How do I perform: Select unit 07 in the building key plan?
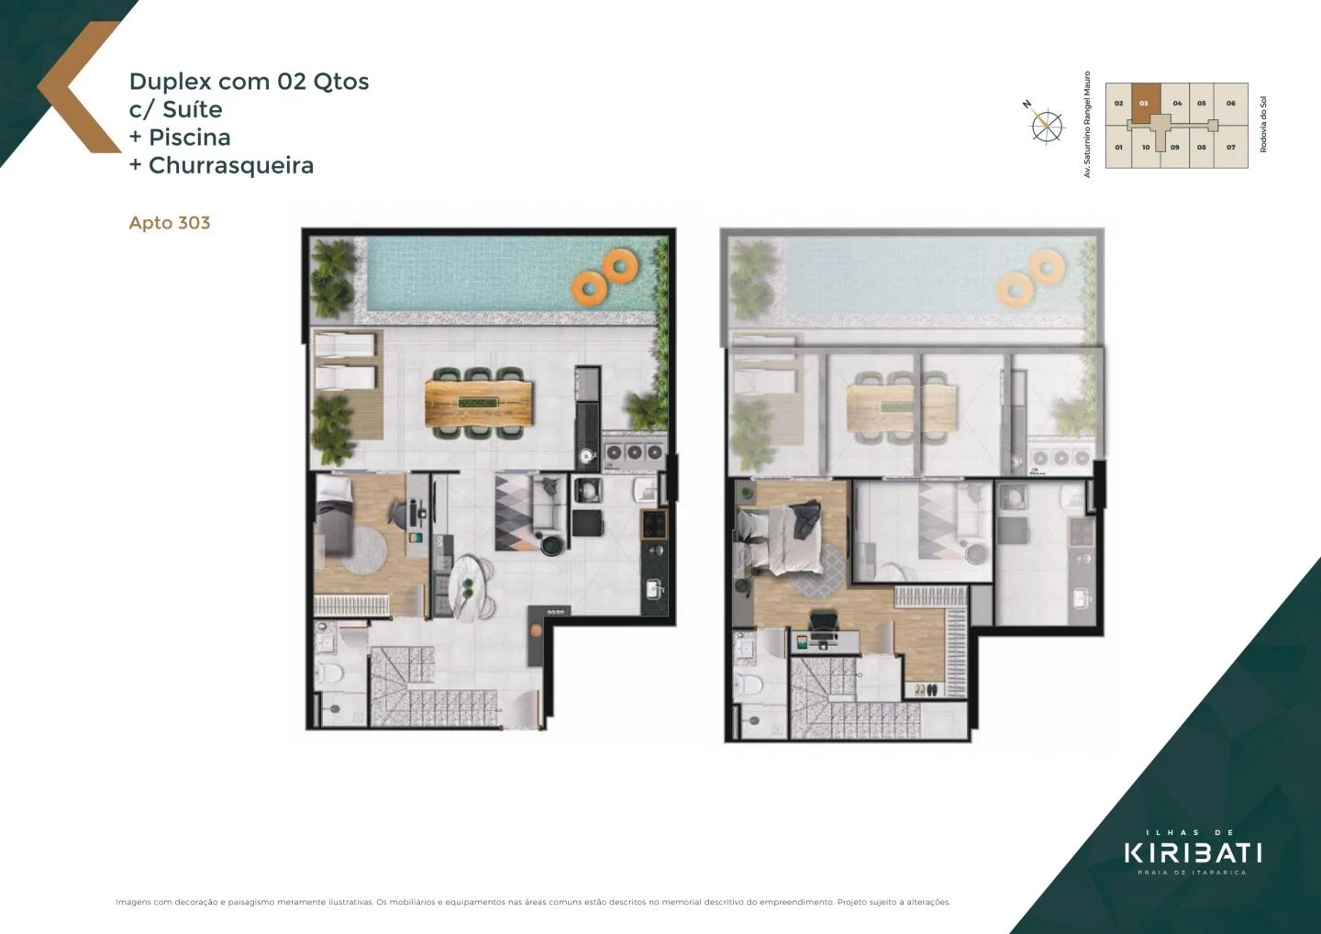pyautogui.click(x=1231, y=147)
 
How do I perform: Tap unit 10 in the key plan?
pyautogui.click(x=1146, y=147)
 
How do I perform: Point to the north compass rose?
pyautogui.click(x=1046, y=125)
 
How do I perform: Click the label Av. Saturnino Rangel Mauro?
pyautogui.click(x=1088, y=124)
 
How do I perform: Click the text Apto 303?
pyautogui.click(x=170, y=223)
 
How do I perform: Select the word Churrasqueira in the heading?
pyautogui.click(x=231, y=165)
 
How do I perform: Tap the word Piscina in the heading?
pyautogui.click(x=190, y=138)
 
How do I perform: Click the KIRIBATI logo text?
pyautogui.click(x=1193, y=852)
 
